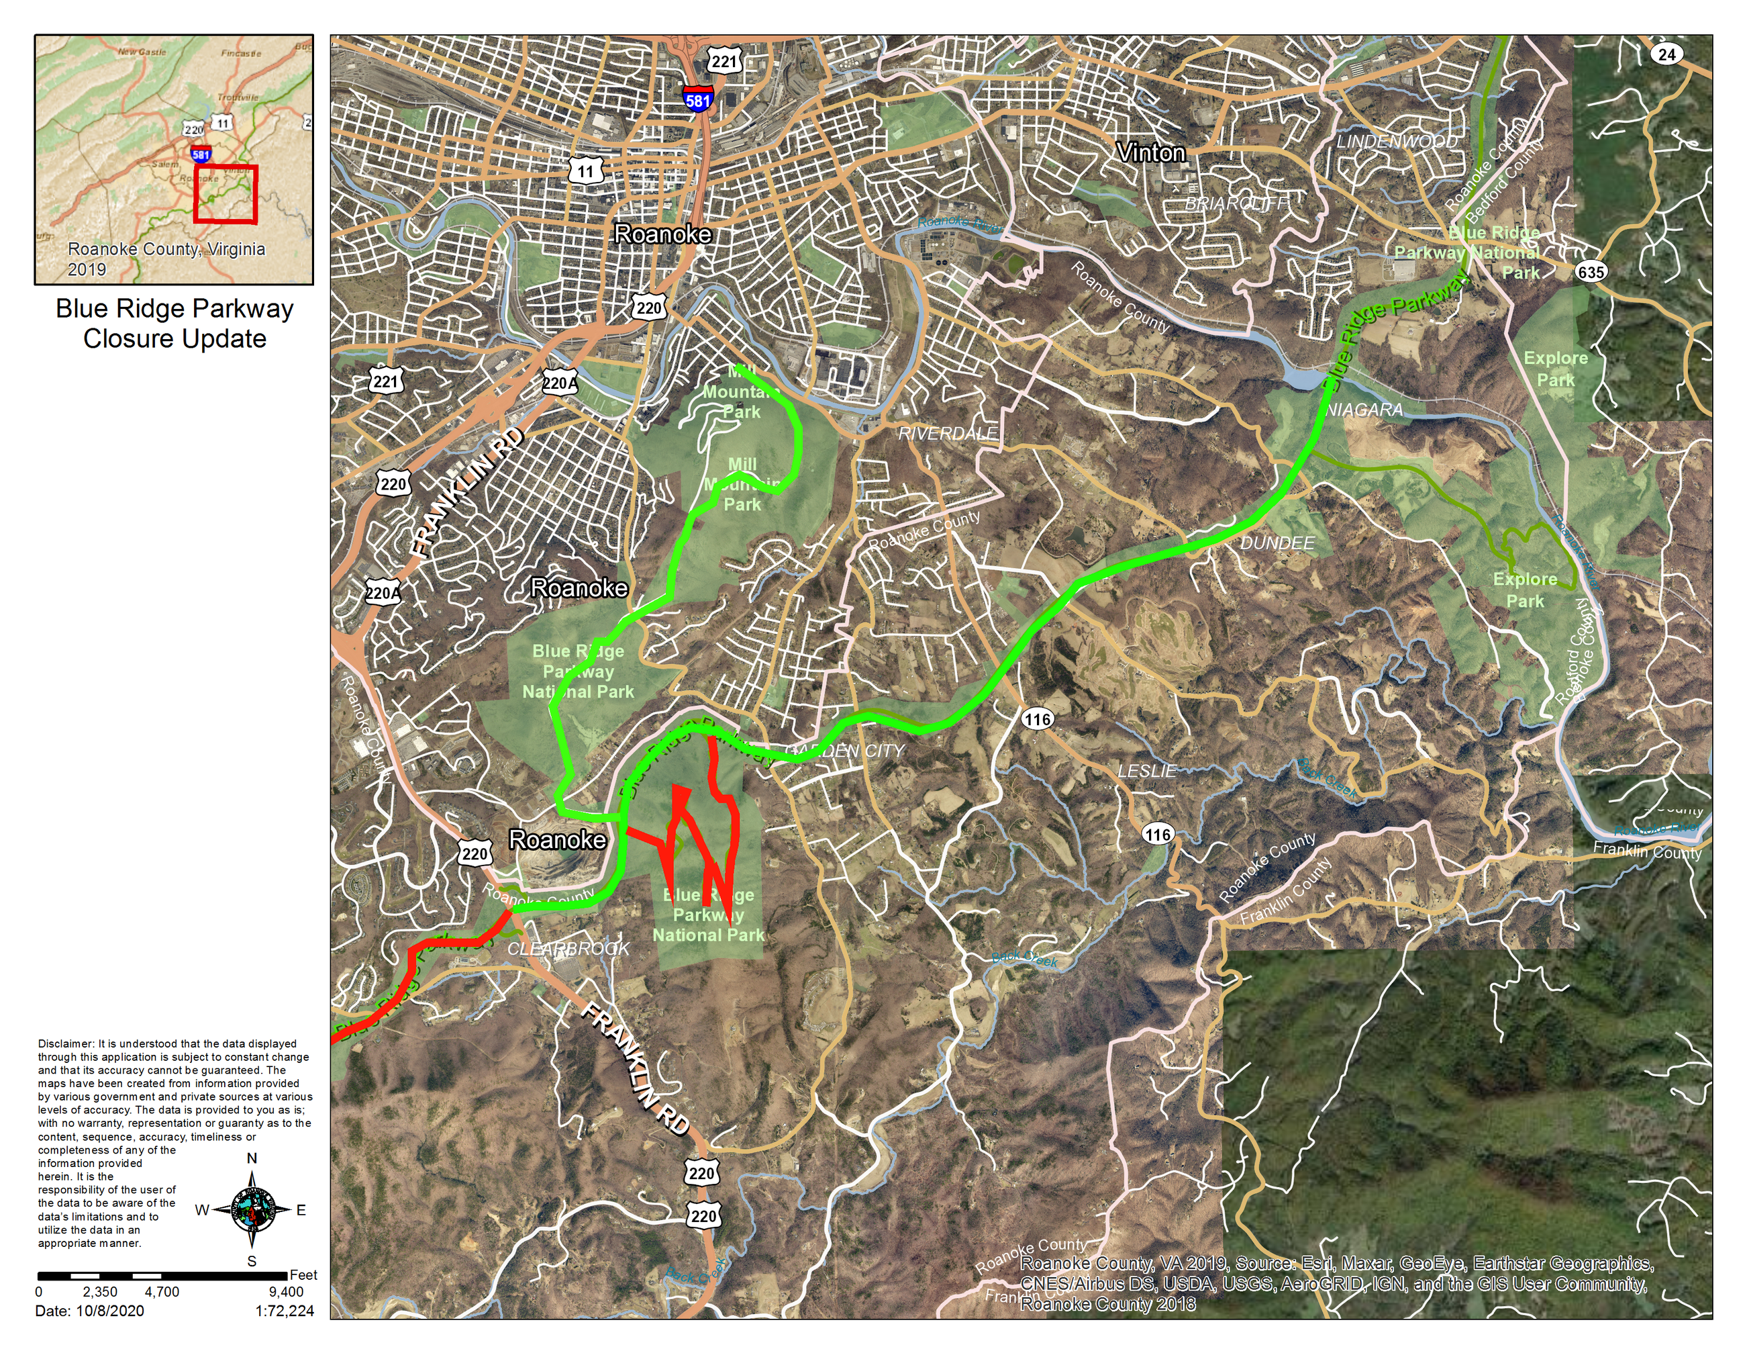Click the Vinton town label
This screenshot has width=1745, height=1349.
point(1150,152)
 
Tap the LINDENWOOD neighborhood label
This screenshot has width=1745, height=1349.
point(1397,142)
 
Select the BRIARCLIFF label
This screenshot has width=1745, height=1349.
point(1236,203)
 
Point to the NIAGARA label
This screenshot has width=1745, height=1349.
point(1364,410)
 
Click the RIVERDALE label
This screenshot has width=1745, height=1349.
point(948,433)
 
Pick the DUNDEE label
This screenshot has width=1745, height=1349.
point(1277,543)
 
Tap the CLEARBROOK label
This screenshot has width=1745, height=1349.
point(568,949)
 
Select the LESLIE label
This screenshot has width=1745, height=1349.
point(1146,770)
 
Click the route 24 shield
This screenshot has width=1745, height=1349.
point(1666,54)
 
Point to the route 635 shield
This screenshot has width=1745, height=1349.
point(1591,272)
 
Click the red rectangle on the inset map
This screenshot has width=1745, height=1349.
point(226,193)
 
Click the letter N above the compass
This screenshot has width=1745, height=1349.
point(252,1159)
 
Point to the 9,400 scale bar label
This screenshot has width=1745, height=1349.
point(285,1291)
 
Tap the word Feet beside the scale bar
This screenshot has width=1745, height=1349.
point(303,1274)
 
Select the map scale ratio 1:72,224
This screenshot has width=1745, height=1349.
point(285,1311)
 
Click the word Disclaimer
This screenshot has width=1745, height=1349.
point(66,1043)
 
